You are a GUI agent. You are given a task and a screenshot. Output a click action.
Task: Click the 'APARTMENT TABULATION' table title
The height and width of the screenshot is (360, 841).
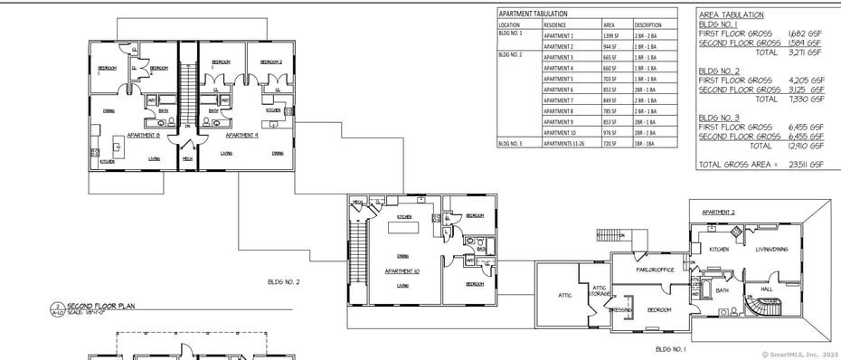point(534,14)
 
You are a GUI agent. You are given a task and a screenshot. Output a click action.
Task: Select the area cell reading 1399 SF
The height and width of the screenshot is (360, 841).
point(611,35)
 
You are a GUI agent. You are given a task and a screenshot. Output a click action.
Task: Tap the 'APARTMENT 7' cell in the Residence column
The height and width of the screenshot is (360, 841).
point(558,100)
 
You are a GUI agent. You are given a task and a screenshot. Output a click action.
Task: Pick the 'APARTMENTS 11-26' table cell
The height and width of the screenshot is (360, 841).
point(563,143)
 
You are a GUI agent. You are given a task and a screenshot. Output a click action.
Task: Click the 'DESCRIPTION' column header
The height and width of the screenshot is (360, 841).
point(647,24)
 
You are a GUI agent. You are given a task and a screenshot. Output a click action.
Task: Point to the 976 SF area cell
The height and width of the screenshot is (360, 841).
point(610,133)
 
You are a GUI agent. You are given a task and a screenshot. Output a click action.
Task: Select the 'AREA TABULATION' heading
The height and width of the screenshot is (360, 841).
point(732,14)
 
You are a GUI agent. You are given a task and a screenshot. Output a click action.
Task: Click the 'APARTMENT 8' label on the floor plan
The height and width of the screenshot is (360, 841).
point(144,135)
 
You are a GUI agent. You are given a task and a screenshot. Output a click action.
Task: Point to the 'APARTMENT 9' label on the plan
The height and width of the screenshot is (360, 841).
point(241,135)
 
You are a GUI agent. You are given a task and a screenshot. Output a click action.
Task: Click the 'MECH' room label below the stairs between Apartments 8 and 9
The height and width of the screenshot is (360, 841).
point(187,159)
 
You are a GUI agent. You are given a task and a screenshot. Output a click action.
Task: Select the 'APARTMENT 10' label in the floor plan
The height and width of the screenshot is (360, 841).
point(402,270)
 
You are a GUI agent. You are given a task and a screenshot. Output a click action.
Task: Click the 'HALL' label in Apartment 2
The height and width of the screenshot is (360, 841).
point(766,289)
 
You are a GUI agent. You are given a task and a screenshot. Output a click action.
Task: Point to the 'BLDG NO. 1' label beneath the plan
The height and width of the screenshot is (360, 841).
point(670,348)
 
